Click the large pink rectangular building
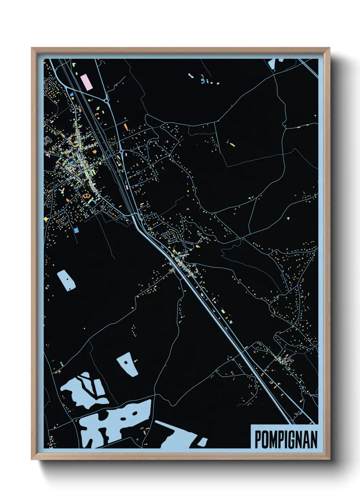coord(86,82)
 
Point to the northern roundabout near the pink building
coord(107,101)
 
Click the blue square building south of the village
coord(76,230)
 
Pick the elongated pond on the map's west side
coord(66,280)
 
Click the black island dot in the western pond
coord(68,279)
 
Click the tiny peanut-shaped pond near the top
coord(191,75)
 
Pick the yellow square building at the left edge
coord(46,218)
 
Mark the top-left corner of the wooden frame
coord(32,48)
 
